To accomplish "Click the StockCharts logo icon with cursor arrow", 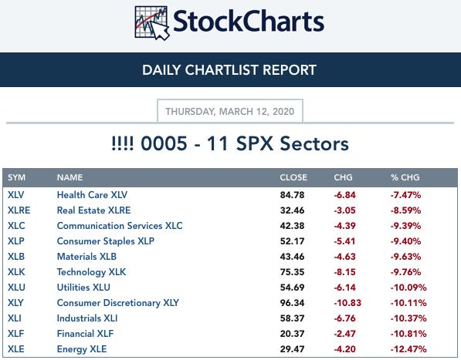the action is (152, 23).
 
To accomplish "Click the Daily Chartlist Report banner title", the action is (229, 70).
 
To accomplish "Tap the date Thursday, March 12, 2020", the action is (230, 112).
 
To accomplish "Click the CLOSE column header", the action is (293, 177).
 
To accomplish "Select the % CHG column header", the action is (405, 177).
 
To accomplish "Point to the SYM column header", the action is (16, 177).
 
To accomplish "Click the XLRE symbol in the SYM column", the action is (19, 210).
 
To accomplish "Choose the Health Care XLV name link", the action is (92, 194).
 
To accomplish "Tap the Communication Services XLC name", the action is (120, 226).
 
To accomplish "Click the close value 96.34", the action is (292, 303).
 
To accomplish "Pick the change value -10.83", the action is (347, 303).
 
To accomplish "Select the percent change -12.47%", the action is (408, 349).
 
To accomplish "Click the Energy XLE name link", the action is (82, 349).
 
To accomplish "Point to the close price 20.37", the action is (292, 334).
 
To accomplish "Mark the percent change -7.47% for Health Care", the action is (405, 195).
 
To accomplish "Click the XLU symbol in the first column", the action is (16, 288).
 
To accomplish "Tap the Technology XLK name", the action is (91, 272).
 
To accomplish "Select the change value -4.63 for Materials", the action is (345, 257).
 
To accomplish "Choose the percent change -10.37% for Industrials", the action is (408, 318).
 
